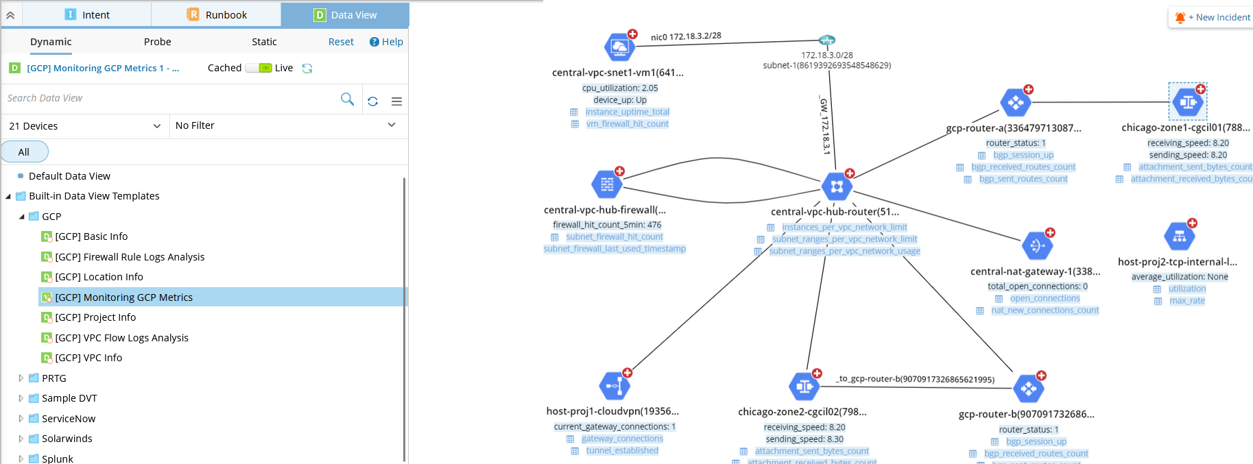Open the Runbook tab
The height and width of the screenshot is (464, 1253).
(x=217, y=14)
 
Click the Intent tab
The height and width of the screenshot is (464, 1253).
(x=87, y=14)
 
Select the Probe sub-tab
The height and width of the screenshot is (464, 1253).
(x=157, y=42)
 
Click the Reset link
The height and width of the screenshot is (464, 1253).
(x=341, y=42)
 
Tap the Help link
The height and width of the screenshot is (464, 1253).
(x=386, y=42)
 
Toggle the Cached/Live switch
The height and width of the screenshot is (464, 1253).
(x=259, y=68)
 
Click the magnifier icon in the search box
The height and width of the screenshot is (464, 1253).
(x=348, y=99)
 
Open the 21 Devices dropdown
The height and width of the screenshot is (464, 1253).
(x=85, y=126)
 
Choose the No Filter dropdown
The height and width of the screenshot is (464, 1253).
(x=285, y=125)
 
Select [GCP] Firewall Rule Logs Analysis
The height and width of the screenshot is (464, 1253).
(x=130, y=257)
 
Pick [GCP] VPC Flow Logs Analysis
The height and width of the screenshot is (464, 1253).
(x=121, y=338)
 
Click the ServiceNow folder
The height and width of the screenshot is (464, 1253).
(x=69, y=419)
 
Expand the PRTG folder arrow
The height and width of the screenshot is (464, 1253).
(x=21, y=378)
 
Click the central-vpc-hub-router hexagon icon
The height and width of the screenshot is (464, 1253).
(x=837, y=186)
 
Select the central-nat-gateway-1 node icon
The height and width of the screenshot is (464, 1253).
(x=1037, y=245)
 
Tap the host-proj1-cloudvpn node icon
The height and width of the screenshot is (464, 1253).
(x=614, y=386)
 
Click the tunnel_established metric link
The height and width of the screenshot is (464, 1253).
(x=622, y=451)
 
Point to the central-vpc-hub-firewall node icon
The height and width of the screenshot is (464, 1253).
(x=607, y=184)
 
